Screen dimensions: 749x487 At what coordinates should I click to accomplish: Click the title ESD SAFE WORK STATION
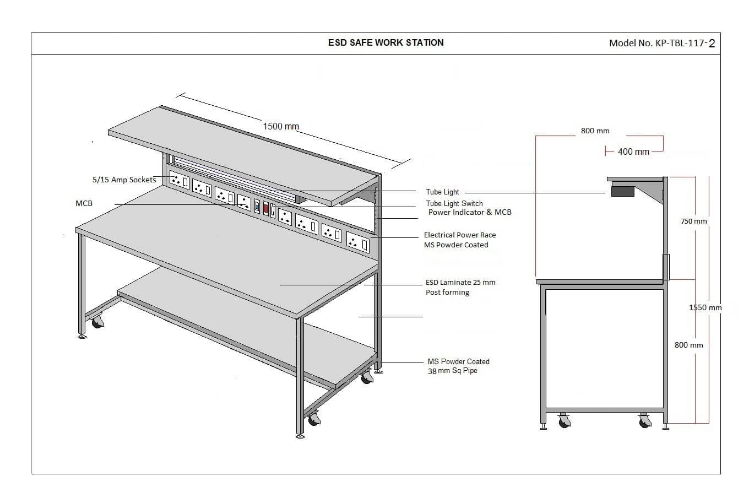pos(386,43)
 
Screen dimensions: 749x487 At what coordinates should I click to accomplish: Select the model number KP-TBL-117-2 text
pos(662,43)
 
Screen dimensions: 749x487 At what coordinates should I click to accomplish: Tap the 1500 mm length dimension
pos(281,127)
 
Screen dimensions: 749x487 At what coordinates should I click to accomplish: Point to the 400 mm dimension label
pos(634,151)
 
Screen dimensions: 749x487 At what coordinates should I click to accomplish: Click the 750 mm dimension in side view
pos(694,221)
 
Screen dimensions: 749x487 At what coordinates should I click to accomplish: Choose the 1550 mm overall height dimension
pos(705,307)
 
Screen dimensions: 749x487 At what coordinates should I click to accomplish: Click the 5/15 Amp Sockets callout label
pos(124,180)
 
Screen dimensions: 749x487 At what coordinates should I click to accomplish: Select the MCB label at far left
pos(84,203)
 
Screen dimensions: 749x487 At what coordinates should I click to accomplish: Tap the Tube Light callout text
pos(442,192)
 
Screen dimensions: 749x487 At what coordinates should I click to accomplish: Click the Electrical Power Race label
pos(460,235)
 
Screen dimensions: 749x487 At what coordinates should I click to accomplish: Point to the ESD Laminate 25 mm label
pos(460,282)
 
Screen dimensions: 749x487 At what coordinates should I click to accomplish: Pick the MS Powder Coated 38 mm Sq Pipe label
pos(458,366)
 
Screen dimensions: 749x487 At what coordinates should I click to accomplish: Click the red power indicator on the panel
pos(266,208)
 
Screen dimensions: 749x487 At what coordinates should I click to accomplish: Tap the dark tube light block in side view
pos(622,192)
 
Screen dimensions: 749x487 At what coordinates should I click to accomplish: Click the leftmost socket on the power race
pos(179,181)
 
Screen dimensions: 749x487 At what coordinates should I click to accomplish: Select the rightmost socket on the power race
pos(358,241)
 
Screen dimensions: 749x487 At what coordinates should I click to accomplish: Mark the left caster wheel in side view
pos(564,421)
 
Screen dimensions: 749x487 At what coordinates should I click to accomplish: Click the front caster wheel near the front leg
pos(314,419)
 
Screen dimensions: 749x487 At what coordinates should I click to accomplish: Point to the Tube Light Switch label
pos(454,203)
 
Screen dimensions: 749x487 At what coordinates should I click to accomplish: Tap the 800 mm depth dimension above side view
pos(595,131)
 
